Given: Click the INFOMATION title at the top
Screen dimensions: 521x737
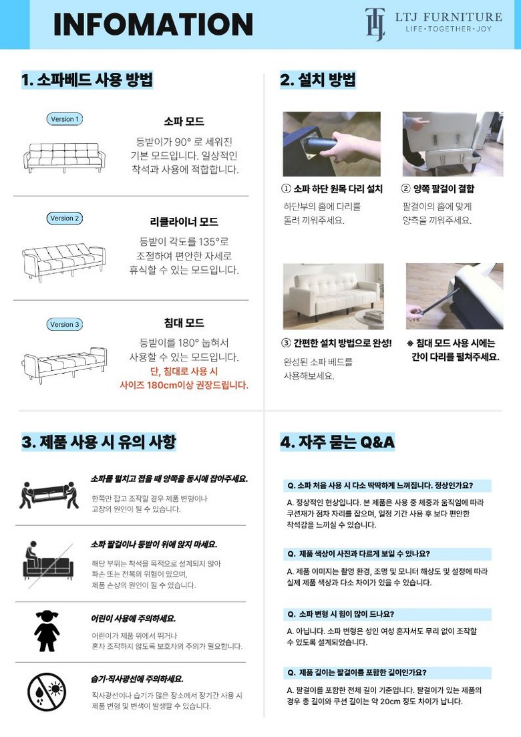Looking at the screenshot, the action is click(x=153, y=25).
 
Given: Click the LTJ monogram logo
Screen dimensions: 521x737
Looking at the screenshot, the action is click(x=375, y=24).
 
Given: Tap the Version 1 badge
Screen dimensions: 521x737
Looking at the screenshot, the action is click(x=64, y=119).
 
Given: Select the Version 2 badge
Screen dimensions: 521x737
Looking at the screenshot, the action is click(x=64, y=218).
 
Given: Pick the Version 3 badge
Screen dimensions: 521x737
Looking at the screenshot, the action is click(x=64, y=324).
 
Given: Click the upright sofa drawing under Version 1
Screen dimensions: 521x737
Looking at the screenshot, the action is click(x=64, y=158).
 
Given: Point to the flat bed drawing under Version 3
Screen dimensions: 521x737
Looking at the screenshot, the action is click(x=64, y=365).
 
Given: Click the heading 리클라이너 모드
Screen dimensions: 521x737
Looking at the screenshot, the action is click(x=184, y=222).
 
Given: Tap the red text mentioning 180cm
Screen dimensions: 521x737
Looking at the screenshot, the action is click(x=184, y=378).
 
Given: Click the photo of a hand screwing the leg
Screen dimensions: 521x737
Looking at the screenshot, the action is click(x=332, y=144).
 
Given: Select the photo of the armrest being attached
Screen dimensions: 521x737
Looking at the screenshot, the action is click(x=453, y=144).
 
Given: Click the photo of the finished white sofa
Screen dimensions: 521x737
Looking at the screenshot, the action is click(x=333, y=296).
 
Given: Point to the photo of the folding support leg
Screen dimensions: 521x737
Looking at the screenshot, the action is click(x=455, y=296).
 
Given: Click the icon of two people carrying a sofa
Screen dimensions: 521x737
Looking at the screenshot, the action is click(x=49, y=495).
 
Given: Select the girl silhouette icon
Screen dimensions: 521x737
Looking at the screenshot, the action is click(x=47, y=631).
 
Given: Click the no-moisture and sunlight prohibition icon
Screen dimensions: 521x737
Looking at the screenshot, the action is click(x=47, y=692).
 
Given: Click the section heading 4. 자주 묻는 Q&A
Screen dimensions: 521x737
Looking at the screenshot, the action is click(x=337, y=442).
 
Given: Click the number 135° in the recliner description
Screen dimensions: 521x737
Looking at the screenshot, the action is click(x=207, y=242).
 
